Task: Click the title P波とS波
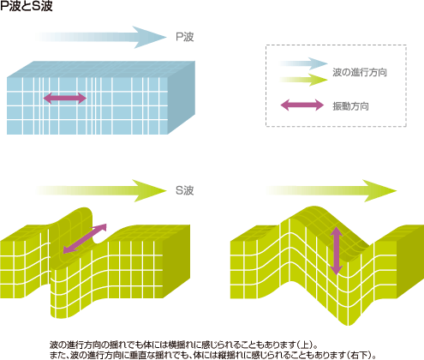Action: pyautogui.click(x=27, y=6)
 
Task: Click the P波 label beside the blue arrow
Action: pyautogui.click(x=185, y=37)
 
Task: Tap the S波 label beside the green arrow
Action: pyautogui.click(x=185, y=190)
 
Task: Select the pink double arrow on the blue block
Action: pyautogui.click(x=65, y=98)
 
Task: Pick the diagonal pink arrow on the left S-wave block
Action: pyautogui.click(x=85, y=238)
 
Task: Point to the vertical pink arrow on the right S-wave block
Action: pyautogui.click(x=337, y=251)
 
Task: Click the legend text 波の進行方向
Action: pyautogui.click(x=360, y=72)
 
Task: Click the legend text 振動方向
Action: pyautogui.click(x=350, y=106)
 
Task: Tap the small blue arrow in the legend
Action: pyautogui.click(x=304, y=63)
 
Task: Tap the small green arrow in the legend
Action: pyautogui.click(x=304, y=80)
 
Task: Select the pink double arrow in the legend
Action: pyautogui.click(x=302, y=105)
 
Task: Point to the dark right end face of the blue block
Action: pyautogui.click(x=182, y=97)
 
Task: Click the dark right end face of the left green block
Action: pyautogui.click(x=176, y=261)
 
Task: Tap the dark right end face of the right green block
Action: pyautogui.click(x=410, y=261)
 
